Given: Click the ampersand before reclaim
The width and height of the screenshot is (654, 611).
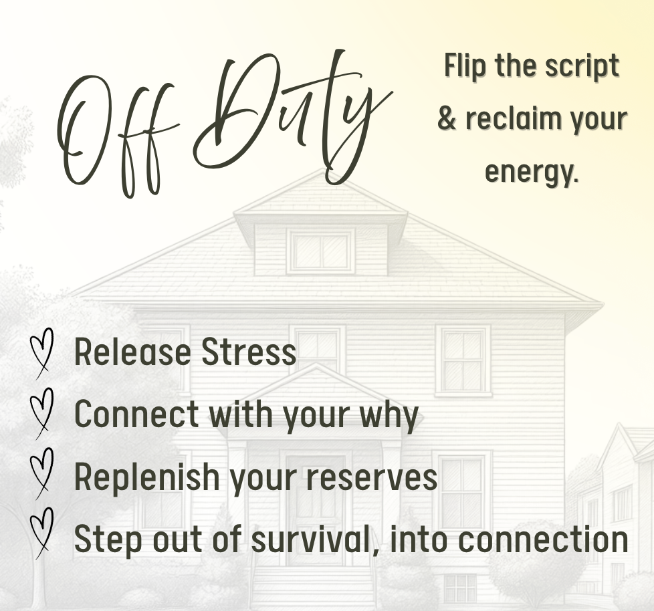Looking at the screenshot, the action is pos(447,118).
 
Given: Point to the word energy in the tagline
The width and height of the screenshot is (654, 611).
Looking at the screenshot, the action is pos(532,172).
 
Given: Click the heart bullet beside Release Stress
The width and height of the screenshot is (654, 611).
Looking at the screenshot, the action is pos(41,353).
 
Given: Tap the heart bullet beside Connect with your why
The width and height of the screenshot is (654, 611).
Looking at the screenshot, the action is pos(41,413).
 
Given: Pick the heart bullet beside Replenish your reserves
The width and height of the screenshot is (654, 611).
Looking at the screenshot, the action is pos(41,473).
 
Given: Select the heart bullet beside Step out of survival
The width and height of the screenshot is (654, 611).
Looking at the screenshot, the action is pos(41,533).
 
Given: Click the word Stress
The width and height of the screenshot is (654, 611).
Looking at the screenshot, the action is pos(249,352).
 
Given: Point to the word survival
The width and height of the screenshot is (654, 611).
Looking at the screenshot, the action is pos(316,539).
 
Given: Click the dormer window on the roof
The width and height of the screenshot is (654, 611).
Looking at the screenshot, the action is pos(320,251).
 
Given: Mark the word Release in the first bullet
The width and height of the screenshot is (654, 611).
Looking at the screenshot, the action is pos(132,352).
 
